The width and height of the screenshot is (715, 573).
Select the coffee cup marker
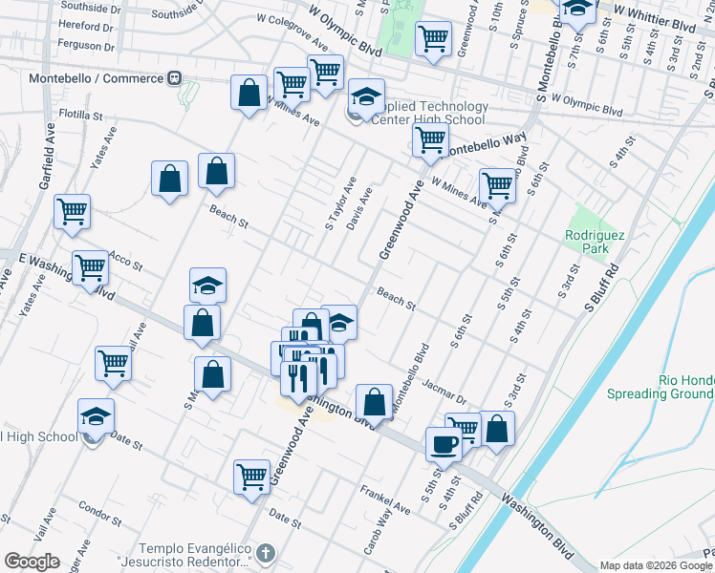444,444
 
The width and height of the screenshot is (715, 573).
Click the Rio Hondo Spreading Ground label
684,387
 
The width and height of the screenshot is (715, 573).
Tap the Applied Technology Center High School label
422,113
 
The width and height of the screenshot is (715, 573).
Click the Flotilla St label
80,116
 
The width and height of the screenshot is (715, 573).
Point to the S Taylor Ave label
341,202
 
